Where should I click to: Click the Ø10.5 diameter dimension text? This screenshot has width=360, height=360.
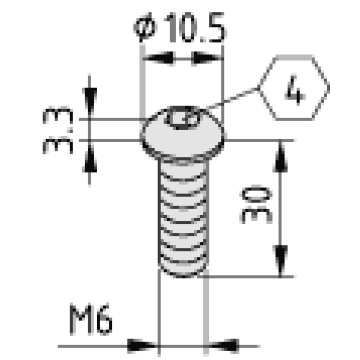[x=179, y=28]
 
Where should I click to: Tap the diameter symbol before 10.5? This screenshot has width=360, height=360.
[x=145, y=28]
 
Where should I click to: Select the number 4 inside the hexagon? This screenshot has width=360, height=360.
[x=295, y=90]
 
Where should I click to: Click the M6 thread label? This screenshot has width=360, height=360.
[x=91, y=319]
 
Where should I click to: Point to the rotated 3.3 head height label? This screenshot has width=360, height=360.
[x=58, y=130]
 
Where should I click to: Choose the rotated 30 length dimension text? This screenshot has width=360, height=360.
[x=256, y=204]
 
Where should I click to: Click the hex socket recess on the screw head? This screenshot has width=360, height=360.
[x=183, y=118]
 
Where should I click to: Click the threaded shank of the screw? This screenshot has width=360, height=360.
[x=183, y=216]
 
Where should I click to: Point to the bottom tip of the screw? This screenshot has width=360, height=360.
[x=183, y=277]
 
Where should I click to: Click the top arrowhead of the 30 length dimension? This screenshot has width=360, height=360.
[x=280, y=157]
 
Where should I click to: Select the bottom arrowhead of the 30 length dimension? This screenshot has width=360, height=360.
[x=280, y=259]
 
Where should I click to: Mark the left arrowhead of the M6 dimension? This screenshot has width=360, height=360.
[x=142, y=346]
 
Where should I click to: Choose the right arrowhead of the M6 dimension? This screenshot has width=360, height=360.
[x=224, y=346]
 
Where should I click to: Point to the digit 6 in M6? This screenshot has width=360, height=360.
[x=104, y=319]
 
